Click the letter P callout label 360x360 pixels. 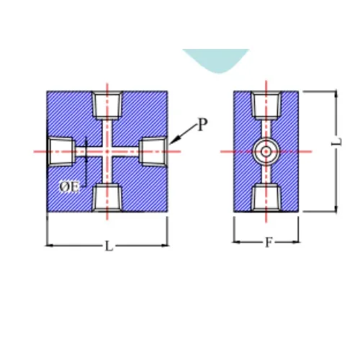pyautogui.click(x=202, y=125)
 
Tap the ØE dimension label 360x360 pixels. pyautogui.click(x=69, y=187)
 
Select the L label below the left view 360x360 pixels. pyautogui.click(x=109, y=246)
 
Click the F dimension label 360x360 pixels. pyautogui.click(x=269, y=243)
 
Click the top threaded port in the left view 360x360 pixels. pyautogui.click(x=107, y=105)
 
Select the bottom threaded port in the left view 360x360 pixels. pyautogui.click(x=107, y=198)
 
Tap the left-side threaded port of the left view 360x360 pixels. pyautogui.click(x=61, y=151)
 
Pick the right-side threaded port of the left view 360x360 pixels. pyautogui.click(x=153, y=151)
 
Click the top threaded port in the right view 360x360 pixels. pyautogui.click(x=266, y=105)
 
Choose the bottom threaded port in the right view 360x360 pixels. pyautogui.click(x=266, y=198)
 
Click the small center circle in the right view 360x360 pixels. pyautogui.click(x=266, y=151)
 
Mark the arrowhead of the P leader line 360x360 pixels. pyautogui.click(x=172, y=141)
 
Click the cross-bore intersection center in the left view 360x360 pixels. pyautogui.click(x=107, y=151)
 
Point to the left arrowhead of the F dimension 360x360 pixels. pyautogui.click(x=236, y=242)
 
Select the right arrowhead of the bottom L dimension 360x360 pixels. pyautogui.click(x=165, y=246)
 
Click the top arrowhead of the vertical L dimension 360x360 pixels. pyautogui.click(x=336, y=94)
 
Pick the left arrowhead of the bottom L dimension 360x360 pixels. pyautogui.click(x=50, y=246)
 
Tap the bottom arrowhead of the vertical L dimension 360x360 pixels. pyautogui.click(x=336, y=208)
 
